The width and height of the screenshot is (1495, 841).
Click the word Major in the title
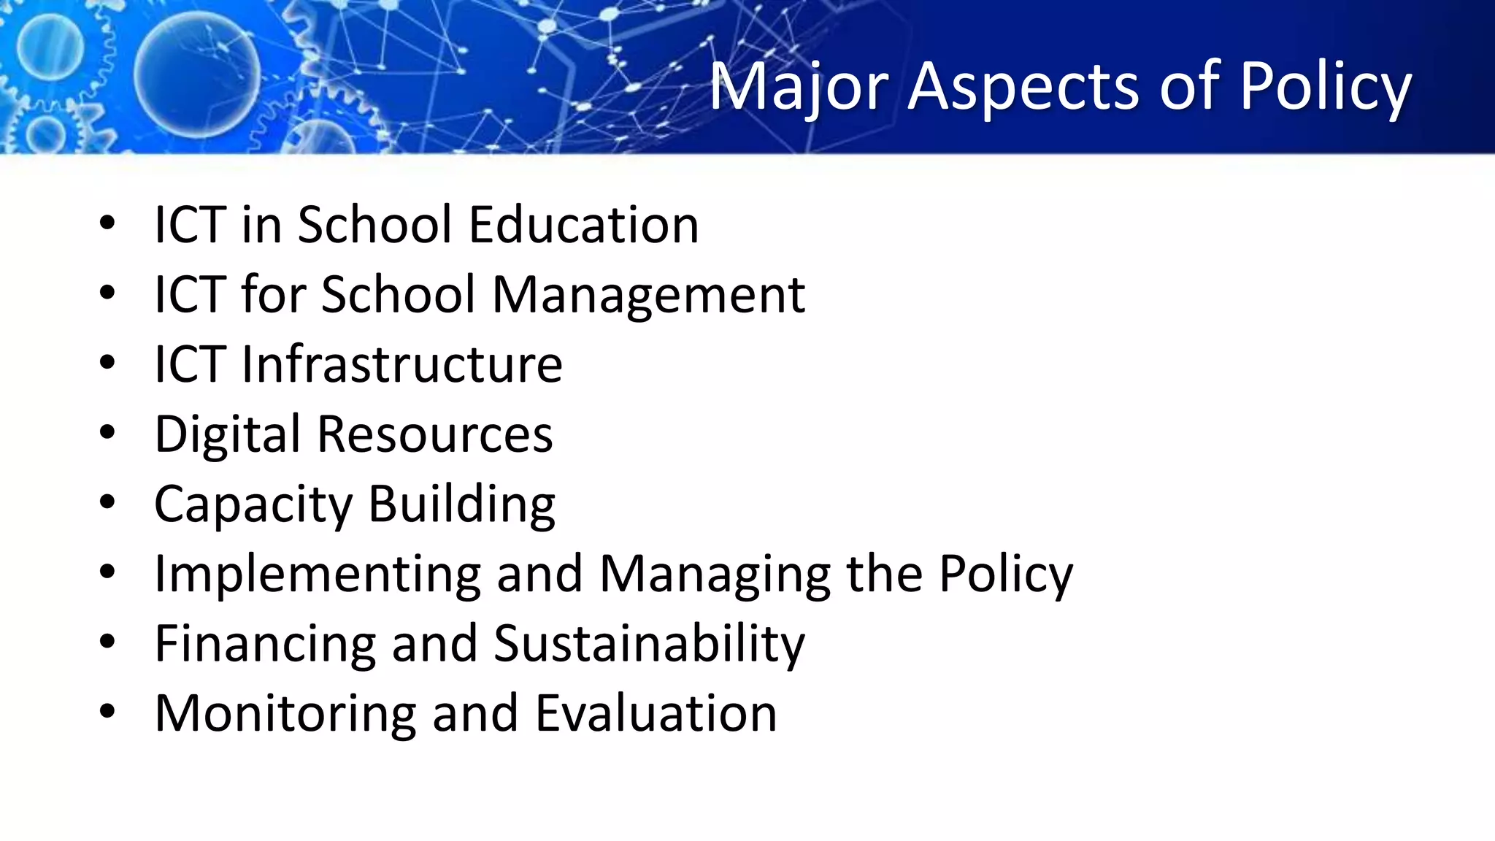799,88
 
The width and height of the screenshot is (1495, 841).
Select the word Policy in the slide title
1326,88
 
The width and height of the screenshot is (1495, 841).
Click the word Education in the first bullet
584,224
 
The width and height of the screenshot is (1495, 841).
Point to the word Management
649,294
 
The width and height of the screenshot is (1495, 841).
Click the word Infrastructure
402,364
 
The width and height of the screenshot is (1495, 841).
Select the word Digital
227,434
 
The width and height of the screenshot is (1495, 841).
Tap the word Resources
435,434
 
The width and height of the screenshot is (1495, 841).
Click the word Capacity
253,504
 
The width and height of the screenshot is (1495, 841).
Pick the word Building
461,504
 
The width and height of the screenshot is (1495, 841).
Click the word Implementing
318,574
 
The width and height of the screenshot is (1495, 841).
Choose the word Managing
715,574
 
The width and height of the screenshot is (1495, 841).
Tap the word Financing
265,644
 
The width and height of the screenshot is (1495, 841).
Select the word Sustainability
649,644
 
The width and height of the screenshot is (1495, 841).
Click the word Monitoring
285,713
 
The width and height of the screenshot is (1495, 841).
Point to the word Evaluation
656,713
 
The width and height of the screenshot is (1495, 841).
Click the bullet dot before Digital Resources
107,432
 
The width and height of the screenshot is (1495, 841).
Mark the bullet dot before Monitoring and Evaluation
107,712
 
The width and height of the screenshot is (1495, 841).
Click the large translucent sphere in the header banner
197,75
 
